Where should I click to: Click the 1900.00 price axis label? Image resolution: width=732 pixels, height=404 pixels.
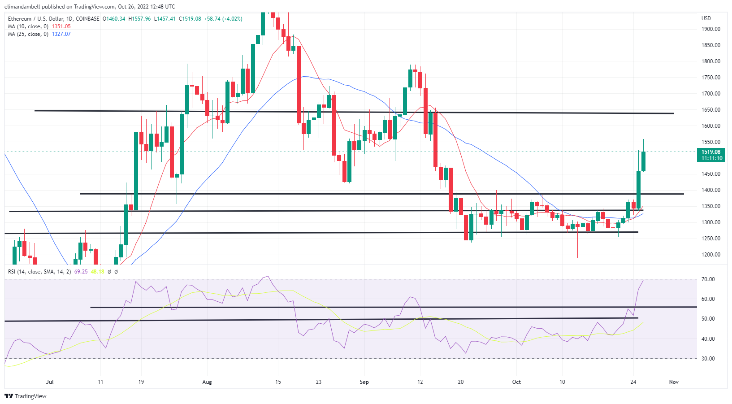click(x=711, y=29)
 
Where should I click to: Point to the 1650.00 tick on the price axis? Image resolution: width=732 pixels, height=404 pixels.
click(x=711, y=110)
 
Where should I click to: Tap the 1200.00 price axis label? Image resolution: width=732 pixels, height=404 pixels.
click(x=711, y=255)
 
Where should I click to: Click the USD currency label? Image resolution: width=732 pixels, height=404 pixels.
click(x=706, y=18)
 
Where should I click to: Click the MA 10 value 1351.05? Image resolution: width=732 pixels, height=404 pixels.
click(x=61, y=26)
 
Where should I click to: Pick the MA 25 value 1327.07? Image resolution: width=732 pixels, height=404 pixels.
click(x=61, y=34)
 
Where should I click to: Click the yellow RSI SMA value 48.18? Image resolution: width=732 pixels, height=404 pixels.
click(x=97, y=272)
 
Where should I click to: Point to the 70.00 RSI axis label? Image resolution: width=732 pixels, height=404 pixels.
click(x=708, y=279)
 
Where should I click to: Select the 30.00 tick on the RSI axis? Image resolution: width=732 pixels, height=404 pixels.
click(x=708, y=359)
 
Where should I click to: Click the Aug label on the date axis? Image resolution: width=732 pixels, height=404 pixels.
click(x=207, y=382)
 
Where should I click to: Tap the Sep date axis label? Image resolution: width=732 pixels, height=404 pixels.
click(x=364, y=382)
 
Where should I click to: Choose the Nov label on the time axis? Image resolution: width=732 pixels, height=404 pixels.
click(x=673, y=382)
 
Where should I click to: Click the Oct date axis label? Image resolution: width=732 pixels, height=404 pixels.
click(x=516, y=382)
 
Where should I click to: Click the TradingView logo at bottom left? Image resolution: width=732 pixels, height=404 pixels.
click(x=26, y=396)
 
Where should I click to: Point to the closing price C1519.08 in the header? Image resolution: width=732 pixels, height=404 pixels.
click(x=190, y=19)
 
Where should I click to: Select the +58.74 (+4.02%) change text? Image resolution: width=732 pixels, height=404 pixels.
click(x=223, y=19)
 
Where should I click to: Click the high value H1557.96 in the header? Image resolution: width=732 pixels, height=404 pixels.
click(x=139, y=19)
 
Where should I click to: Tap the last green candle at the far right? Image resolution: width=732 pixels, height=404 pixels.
click(x=643, y=161)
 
